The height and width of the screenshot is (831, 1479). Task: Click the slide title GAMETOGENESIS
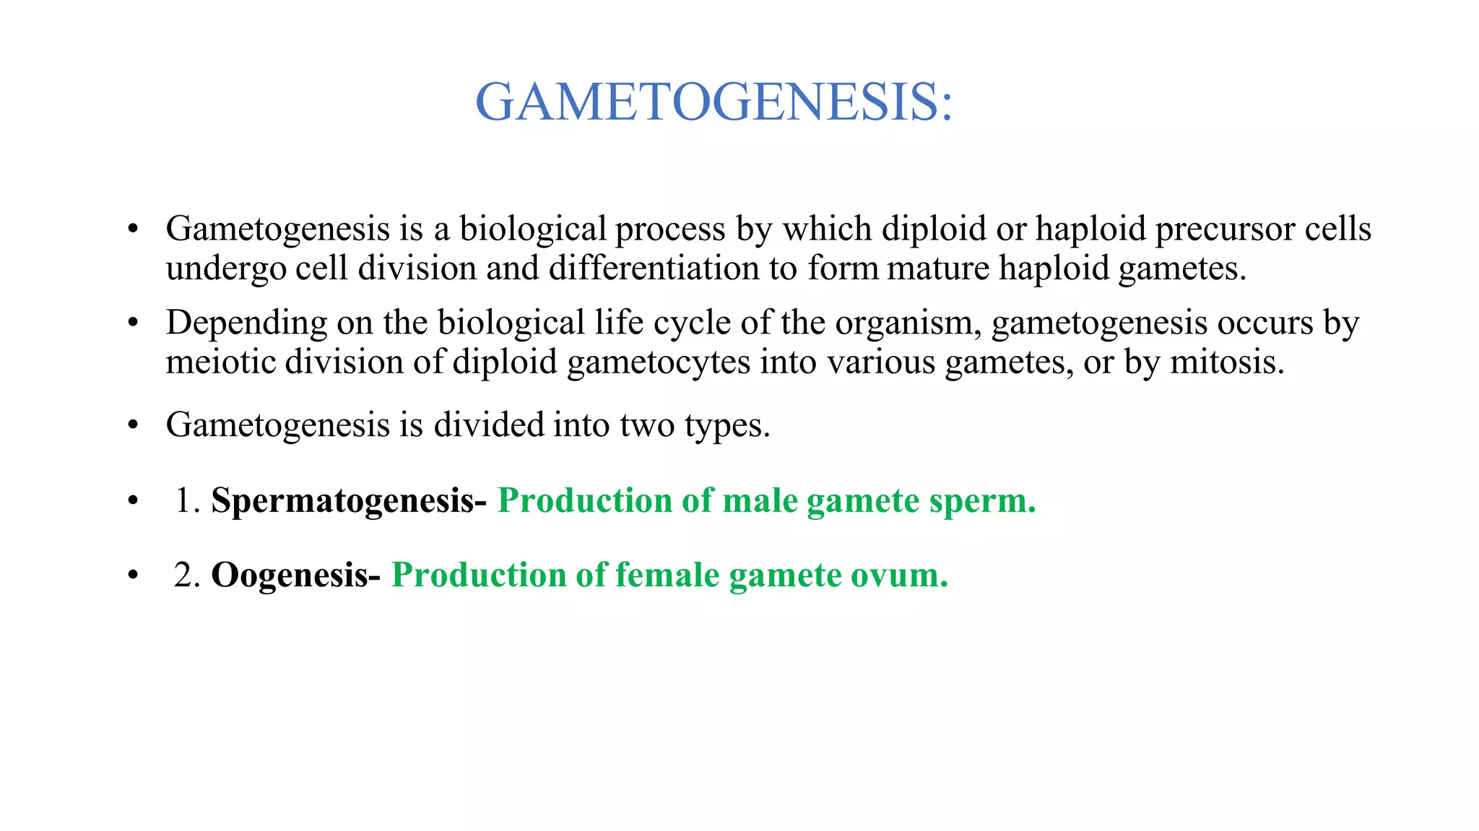point(714,102)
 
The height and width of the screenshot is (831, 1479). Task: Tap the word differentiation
point(654,269)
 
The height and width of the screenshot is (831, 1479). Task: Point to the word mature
point(937,269)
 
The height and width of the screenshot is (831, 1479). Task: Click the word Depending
point(246,323)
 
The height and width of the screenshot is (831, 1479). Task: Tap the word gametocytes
point(658,362)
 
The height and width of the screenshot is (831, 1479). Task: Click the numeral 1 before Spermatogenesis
point(183,500)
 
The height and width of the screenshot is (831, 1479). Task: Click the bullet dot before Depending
point(132,323)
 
